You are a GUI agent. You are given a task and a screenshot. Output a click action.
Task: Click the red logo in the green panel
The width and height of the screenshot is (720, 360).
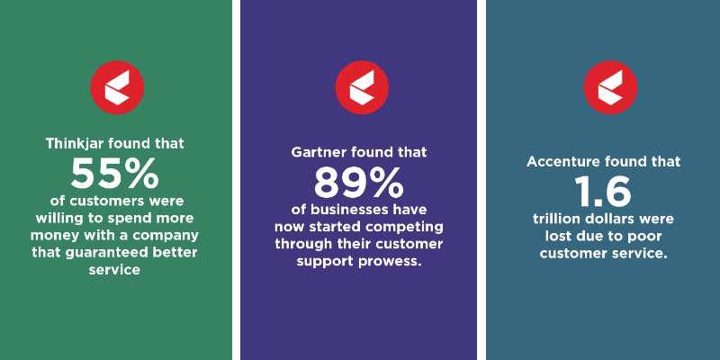point(117,87)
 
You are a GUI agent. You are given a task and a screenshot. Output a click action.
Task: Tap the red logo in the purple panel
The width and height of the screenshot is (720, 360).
point(362,87)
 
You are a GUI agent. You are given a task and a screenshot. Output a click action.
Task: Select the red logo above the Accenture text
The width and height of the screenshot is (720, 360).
point(610,87)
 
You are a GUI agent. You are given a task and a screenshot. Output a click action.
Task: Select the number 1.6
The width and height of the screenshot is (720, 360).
point(603,191)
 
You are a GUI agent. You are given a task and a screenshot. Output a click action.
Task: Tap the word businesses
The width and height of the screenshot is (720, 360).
point(349,210)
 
